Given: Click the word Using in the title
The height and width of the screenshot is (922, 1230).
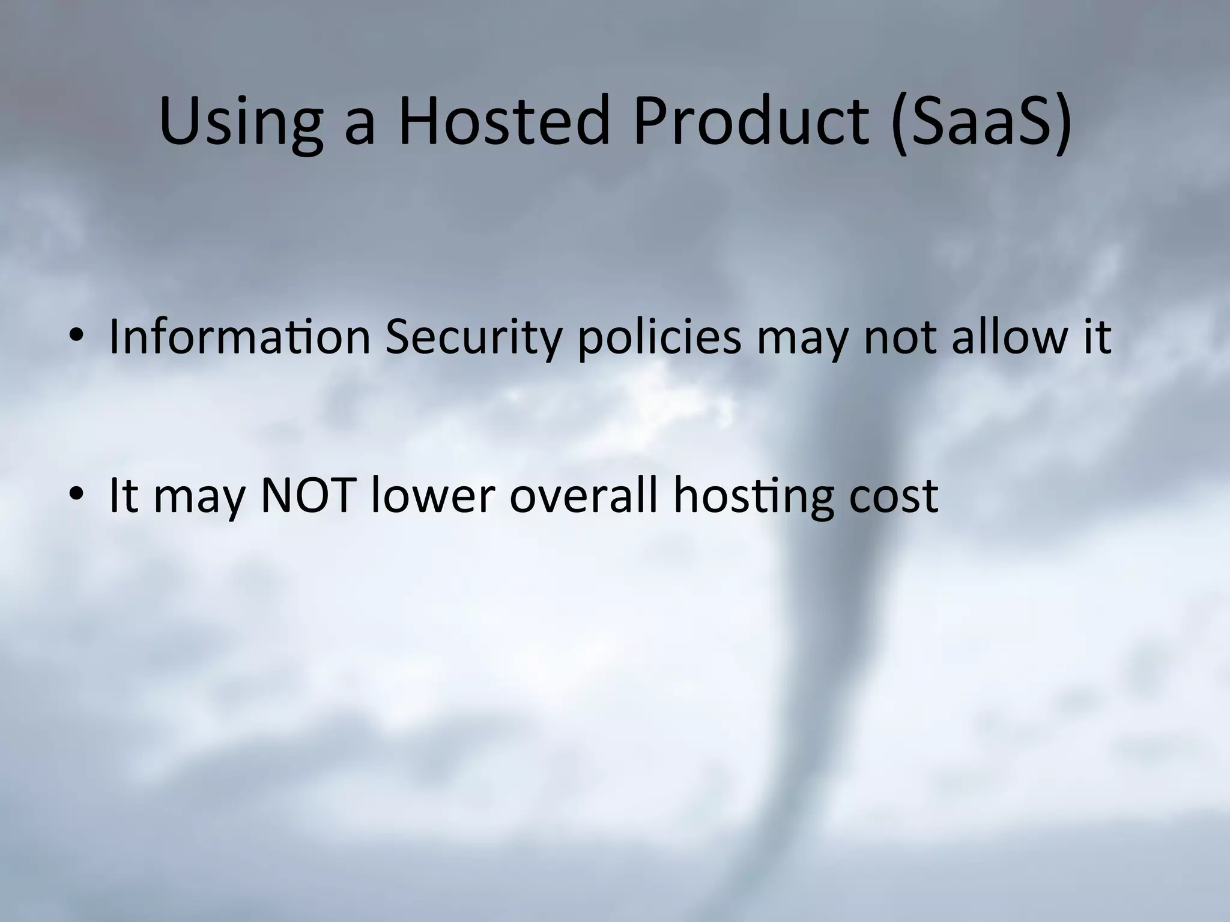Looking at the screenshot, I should point(240,122).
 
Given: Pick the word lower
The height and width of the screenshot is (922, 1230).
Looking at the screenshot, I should point(433,496).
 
